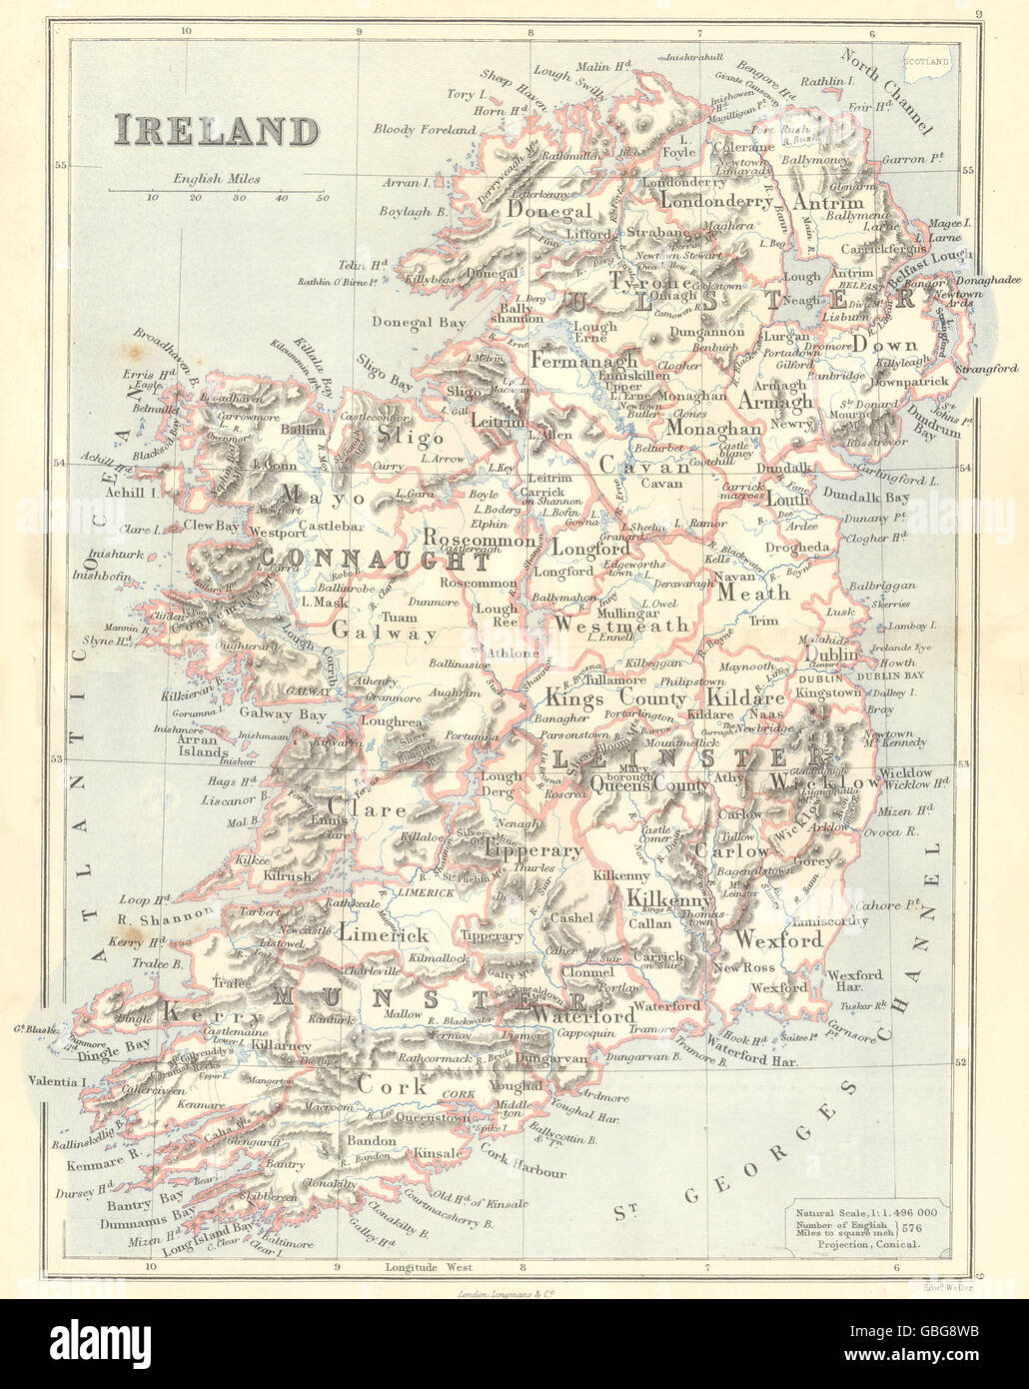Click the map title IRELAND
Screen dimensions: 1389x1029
(x=216, y=131)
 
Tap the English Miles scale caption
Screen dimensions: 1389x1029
(x=216, y=179)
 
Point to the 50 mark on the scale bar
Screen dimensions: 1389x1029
(x=323, y=198)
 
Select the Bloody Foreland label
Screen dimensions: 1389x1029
(x=425, y=130)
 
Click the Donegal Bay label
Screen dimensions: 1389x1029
(x=419, y=322)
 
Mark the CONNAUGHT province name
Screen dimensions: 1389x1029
(x=375, y=561)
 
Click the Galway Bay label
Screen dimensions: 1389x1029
(x=282, y=713)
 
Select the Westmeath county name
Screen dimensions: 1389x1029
(x=620, y=625)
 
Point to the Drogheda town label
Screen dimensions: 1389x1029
(x=796, y=548)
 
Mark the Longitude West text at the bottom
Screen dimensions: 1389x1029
(x=427, y=1267)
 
